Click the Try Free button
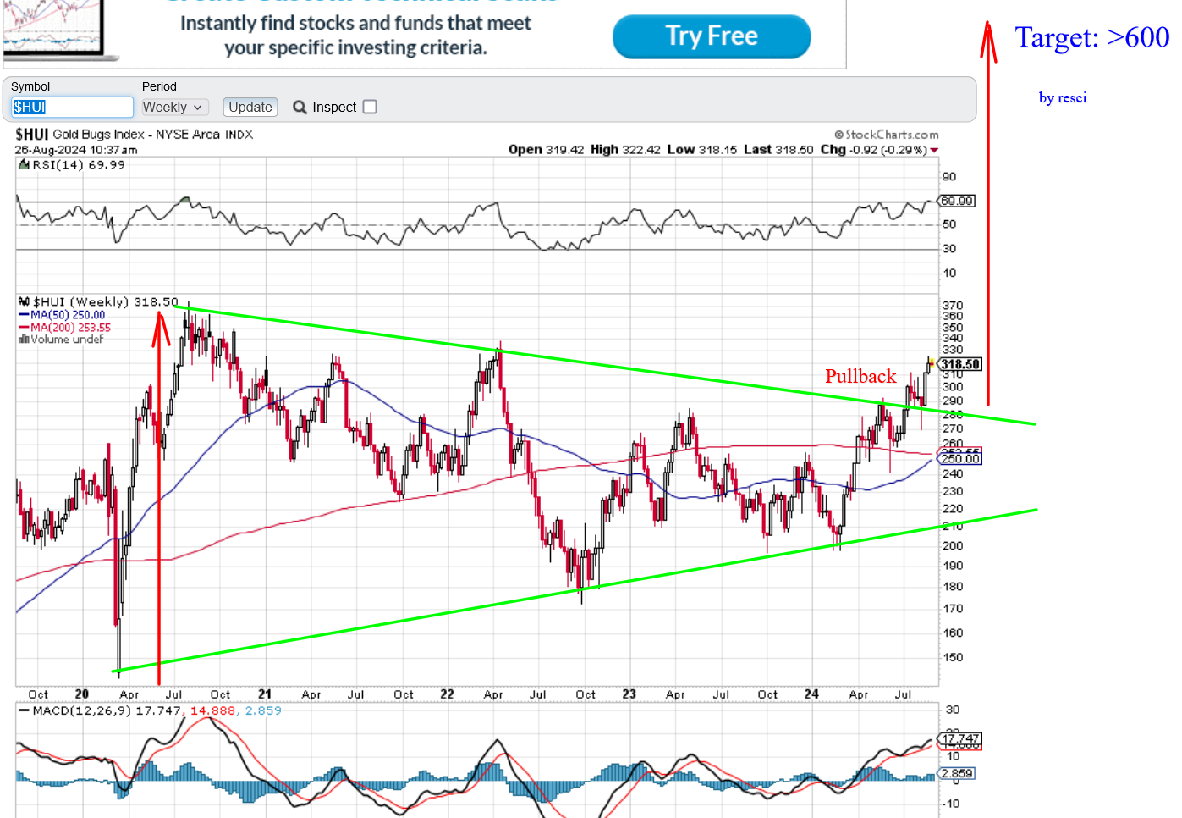point(711,36)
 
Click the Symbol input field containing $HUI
point(72,107)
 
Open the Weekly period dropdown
point(173,107)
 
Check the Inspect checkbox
point(370,107)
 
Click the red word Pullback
point(860,376)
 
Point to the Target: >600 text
point(1091,37)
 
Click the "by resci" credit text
point(1062,97)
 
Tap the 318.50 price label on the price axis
point(959,364)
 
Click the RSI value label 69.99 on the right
point(957,201)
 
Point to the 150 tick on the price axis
point(953,657)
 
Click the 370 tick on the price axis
point(953,305)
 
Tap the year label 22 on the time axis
point(447,694)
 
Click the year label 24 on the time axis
point(811,694)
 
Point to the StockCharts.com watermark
point(887,135)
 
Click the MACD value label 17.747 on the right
point(960,738)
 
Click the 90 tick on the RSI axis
point(949,177)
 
